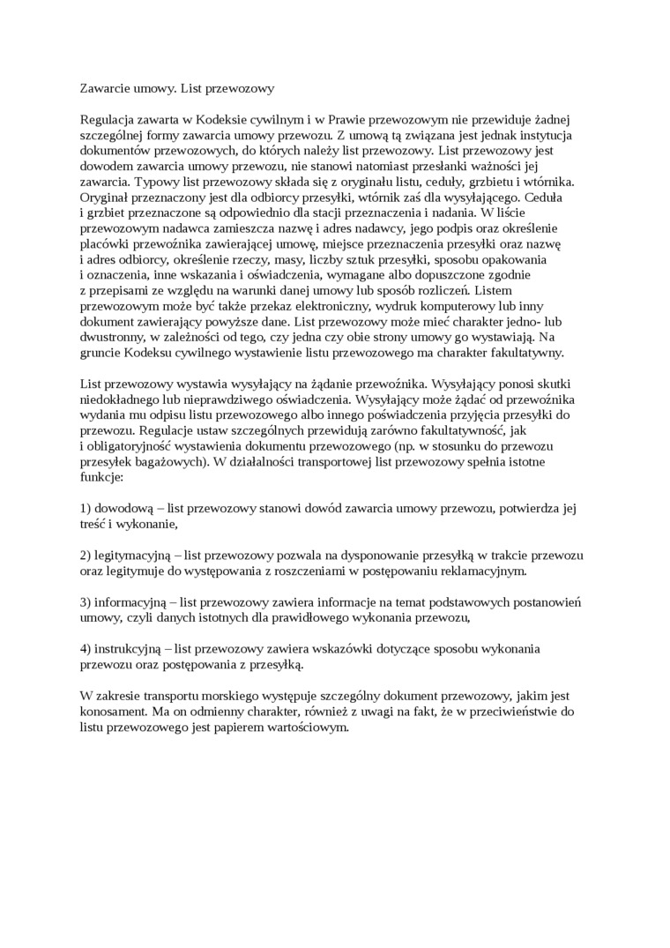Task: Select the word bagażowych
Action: pos(169,465)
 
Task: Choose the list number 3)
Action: pos(86,602)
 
